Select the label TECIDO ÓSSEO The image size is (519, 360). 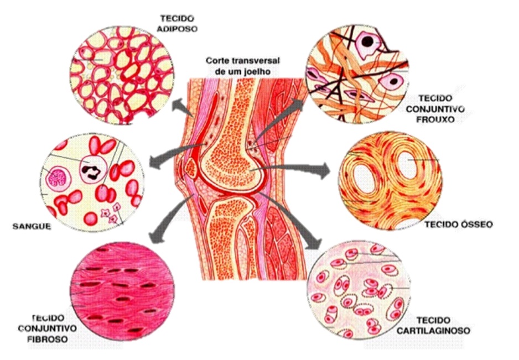coord(458,225)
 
